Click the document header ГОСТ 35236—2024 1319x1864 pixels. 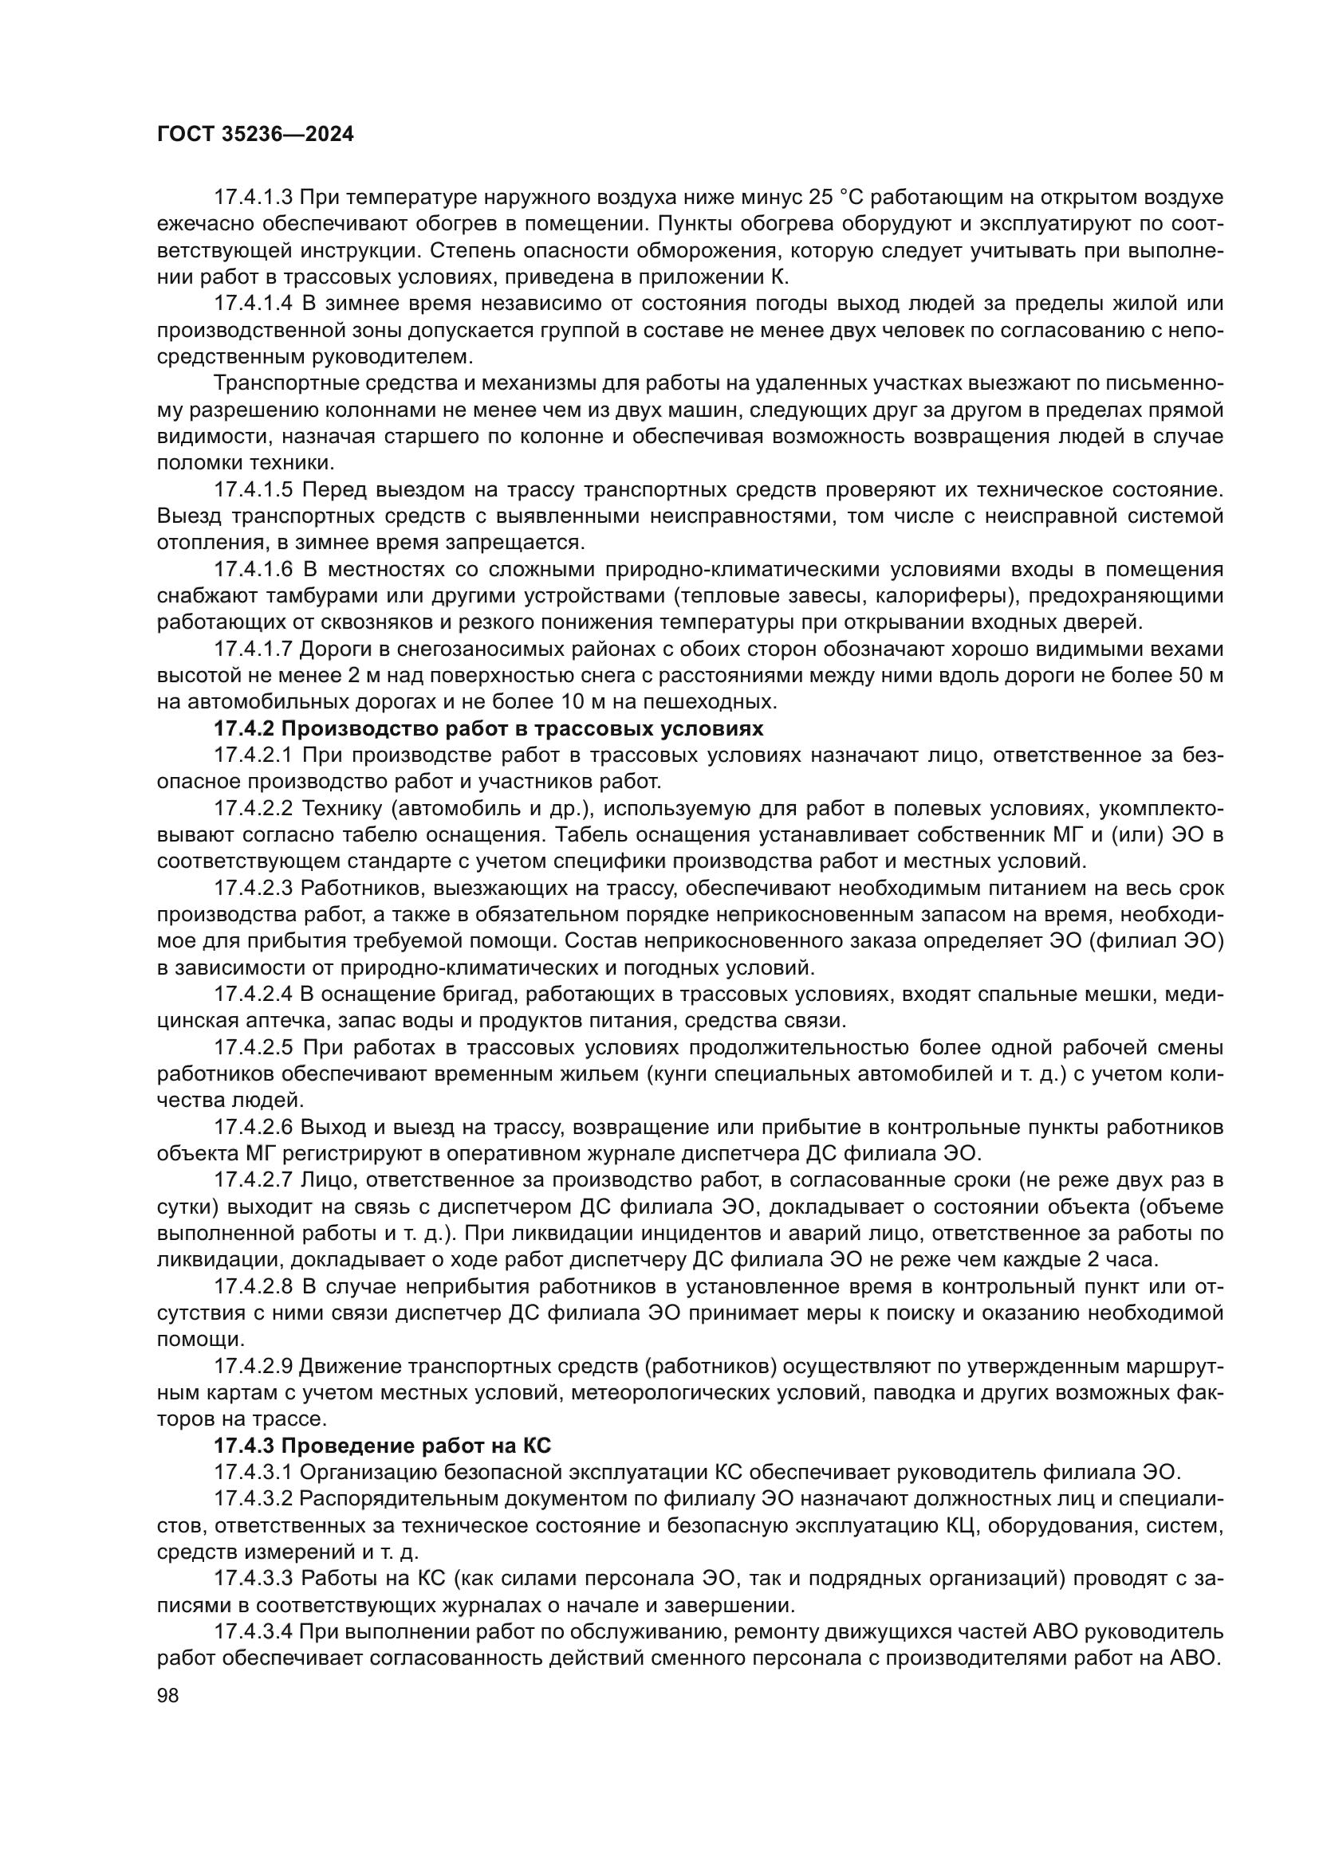coord(255,135)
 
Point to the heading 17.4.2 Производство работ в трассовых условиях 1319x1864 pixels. coord(488,728)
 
